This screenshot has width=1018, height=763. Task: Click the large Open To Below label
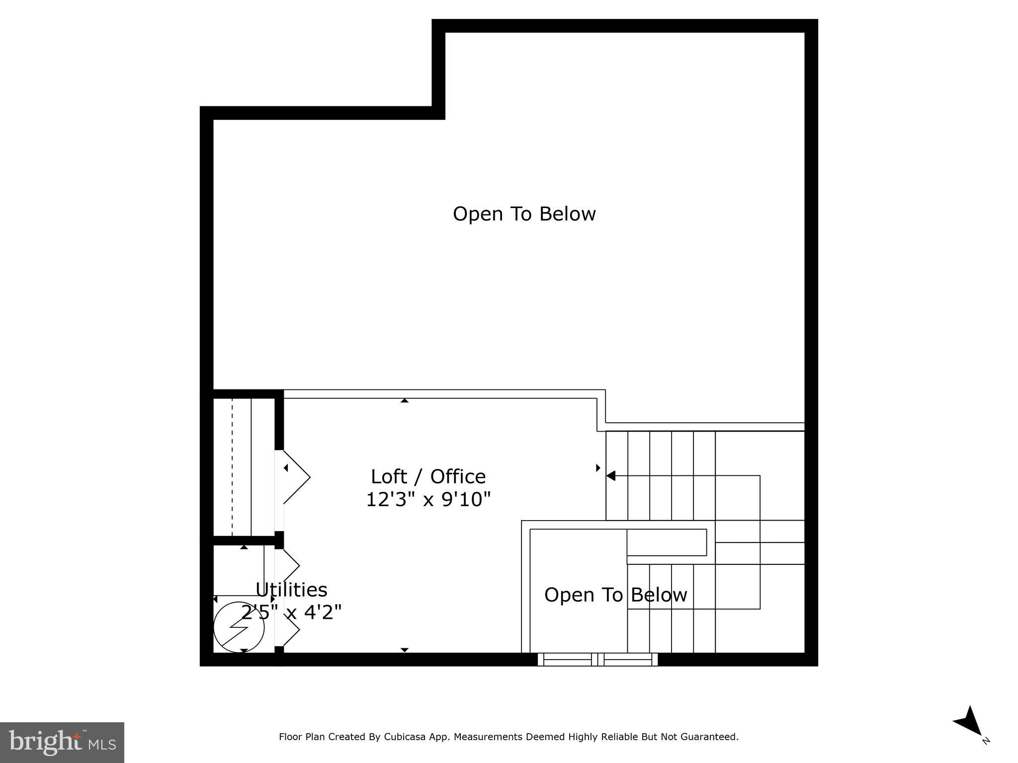[x=524, y=214]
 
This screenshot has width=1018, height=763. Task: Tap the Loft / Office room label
[x=428, y=476]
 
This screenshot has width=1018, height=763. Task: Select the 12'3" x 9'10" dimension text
[x=428, y=499]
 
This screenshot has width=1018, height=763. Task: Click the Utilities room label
[x=291, y=590]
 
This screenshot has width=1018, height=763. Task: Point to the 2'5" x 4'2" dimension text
[x=291, y=612]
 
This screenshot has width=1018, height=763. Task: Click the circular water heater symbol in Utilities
[x=239, y=627]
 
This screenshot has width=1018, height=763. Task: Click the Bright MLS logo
[x=62, y=742]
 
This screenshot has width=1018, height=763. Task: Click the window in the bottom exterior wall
[x=597, y=659]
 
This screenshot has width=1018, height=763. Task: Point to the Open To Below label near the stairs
[x=615, y=595]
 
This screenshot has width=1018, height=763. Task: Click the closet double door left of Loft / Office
[x=293, y=477]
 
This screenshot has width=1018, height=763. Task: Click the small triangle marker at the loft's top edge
[x=405, y=400]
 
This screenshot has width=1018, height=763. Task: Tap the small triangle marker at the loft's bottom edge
[x=405, y=650]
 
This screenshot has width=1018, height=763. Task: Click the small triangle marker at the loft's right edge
[x=598, y=467]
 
